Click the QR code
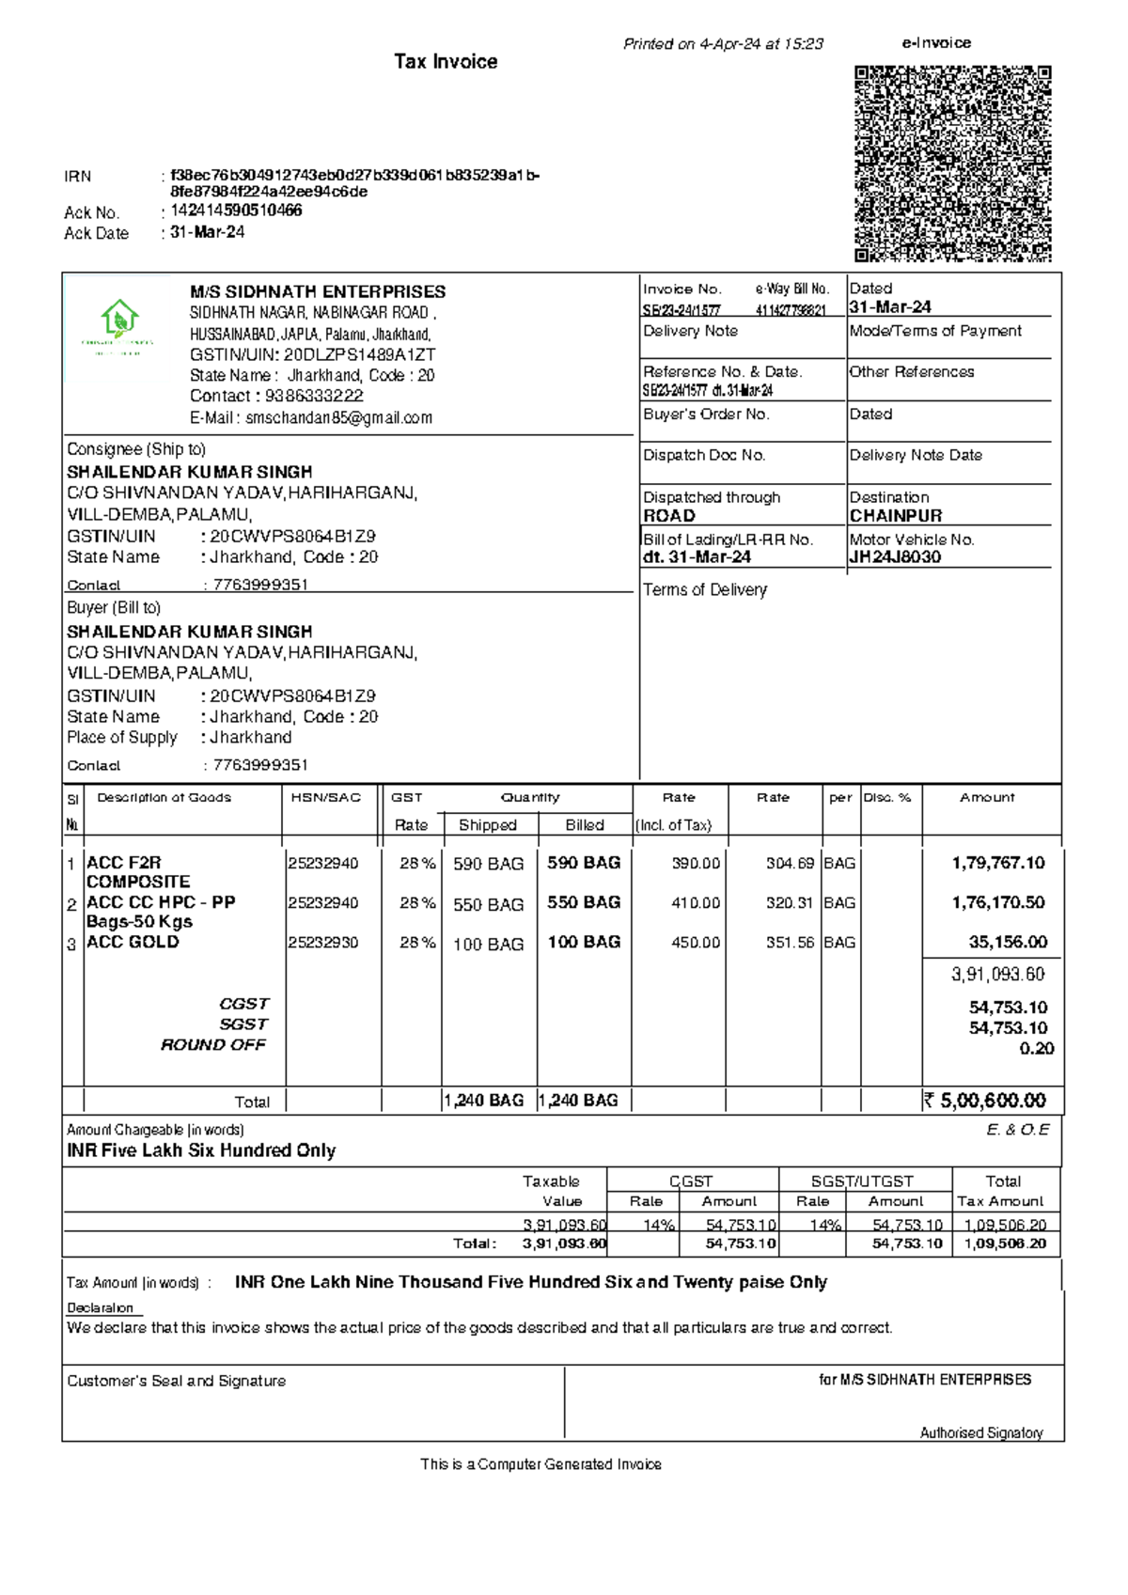coord(952,164)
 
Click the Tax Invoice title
coord(446,62)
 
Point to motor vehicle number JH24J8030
coord(895,556)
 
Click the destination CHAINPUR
coord(895,516)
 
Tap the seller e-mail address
coord(338,418)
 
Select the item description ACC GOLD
coord(133,942)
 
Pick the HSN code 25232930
coord(322,943)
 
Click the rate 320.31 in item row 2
coord(790,903)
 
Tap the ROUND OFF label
coord(213,1045)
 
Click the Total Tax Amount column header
coord(1001,1191)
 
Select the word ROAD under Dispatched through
coord(669,516)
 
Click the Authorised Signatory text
coord(980,1433)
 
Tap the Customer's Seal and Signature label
coord(176,1381)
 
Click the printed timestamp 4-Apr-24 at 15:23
coord(761,44)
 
